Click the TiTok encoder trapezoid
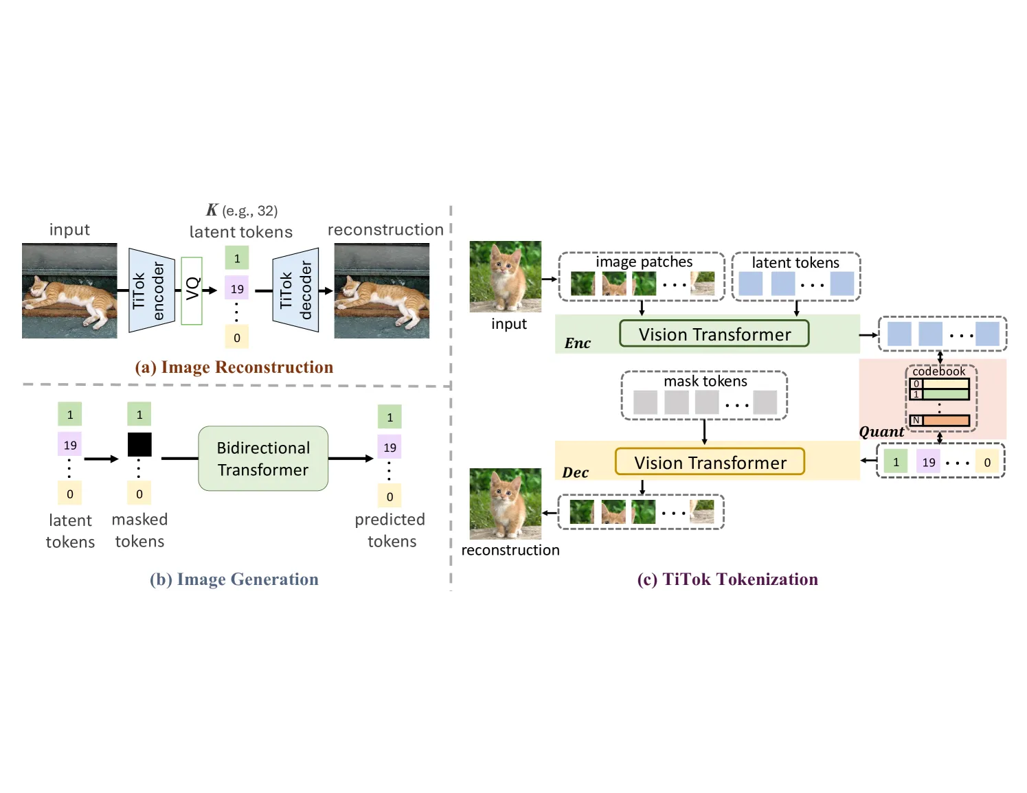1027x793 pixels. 152,290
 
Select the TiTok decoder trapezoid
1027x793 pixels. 295,290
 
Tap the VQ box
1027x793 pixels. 192,290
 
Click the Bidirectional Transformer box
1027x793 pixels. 263,458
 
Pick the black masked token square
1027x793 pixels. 139,444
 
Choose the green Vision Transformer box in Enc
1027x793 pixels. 714,334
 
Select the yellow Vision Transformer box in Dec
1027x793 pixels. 710,461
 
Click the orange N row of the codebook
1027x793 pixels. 940,420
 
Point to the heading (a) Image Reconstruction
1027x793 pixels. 234,367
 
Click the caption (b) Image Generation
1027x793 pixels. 234,579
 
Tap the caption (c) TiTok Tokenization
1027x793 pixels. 727,579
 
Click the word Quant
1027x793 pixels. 881,432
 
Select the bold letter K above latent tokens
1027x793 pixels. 212,209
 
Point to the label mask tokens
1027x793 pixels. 705,380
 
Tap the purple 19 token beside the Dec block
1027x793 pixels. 928,461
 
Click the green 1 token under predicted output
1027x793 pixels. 390,417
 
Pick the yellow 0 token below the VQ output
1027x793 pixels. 237,337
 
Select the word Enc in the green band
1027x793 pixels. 577,343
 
